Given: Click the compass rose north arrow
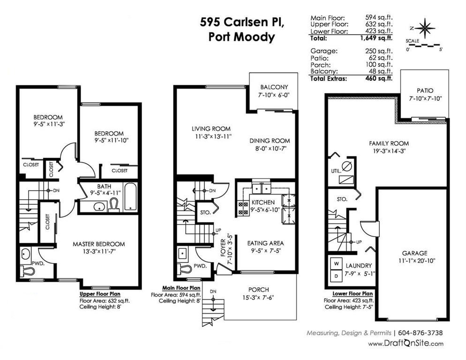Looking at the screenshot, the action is tap(425, 28).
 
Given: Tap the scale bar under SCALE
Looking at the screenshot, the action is tap(423, 45).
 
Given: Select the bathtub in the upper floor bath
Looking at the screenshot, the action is tap(130, 197).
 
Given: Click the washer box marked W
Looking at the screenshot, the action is tap(337, 263).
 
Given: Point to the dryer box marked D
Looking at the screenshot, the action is tap(337, 276).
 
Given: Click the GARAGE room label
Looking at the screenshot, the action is tap(414, 253).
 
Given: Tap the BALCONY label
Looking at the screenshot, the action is tap(274, 87).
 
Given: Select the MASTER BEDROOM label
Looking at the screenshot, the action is tap(98, 244).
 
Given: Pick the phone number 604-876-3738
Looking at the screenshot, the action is tap(420, 333).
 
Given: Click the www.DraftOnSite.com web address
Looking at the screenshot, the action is tap(406, 344).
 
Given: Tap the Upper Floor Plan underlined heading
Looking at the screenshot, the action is tap(100, 294).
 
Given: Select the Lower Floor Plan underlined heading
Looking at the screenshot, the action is tap(353, 294).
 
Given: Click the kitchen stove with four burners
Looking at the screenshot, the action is tap(243, 208).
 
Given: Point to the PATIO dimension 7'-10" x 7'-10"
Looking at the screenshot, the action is tap(425, 98).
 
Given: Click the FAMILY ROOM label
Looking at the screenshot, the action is tap(389, 143).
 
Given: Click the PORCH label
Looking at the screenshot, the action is tap(259, 290).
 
